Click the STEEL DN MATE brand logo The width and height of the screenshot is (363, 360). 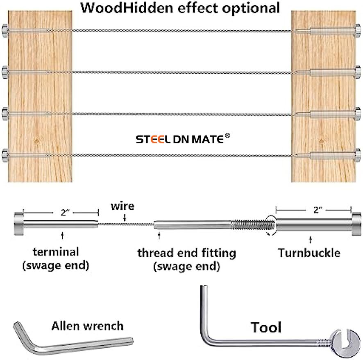(x=180, y=140)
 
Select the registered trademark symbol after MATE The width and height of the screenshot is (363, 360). (x=228, y=136)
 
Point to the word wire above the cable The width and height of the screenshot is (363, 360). (x=122, y=206)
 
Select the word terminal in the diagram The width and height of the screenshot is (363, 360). (x=56, y=251)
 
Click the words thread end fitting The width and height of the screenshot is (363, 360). (x=186, y=253)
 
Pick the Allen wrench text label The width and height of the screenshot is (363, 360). (x=87, y=326)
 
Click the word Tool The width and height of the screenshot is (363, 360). (x=266, y=328)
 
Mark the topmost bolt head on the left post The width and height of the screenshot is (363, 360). (x=5, y=29)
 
